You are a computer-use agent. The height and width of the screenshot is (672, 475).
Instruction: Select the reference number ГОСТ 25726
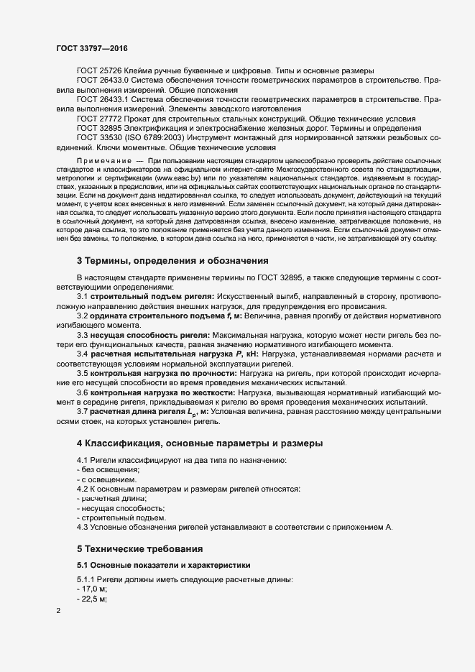100,70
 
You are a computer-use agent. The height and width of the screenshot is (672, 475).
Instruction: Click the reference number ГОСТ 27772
100,117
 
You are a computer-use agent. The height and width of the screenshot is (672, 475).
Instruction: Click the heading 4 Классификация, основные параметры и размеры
200,442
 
